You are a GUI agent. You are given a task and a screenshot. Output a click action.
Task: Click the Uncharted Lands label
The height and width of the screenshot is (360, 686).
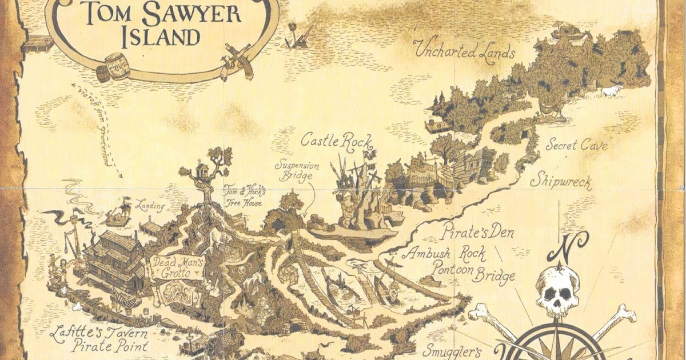(x=465, y=51)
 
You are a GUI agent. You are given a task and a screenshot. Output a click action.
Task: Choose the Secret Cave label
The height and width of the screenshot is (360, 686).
(x=576, y=146)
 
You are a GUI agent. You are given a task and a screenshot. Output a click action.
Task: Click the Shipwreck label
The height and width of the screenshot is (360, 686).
(x=560, y=182)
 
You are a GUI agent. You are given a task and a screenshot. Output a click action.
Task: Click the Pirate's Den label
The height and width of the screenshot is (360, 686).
(x=478, y=233)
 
